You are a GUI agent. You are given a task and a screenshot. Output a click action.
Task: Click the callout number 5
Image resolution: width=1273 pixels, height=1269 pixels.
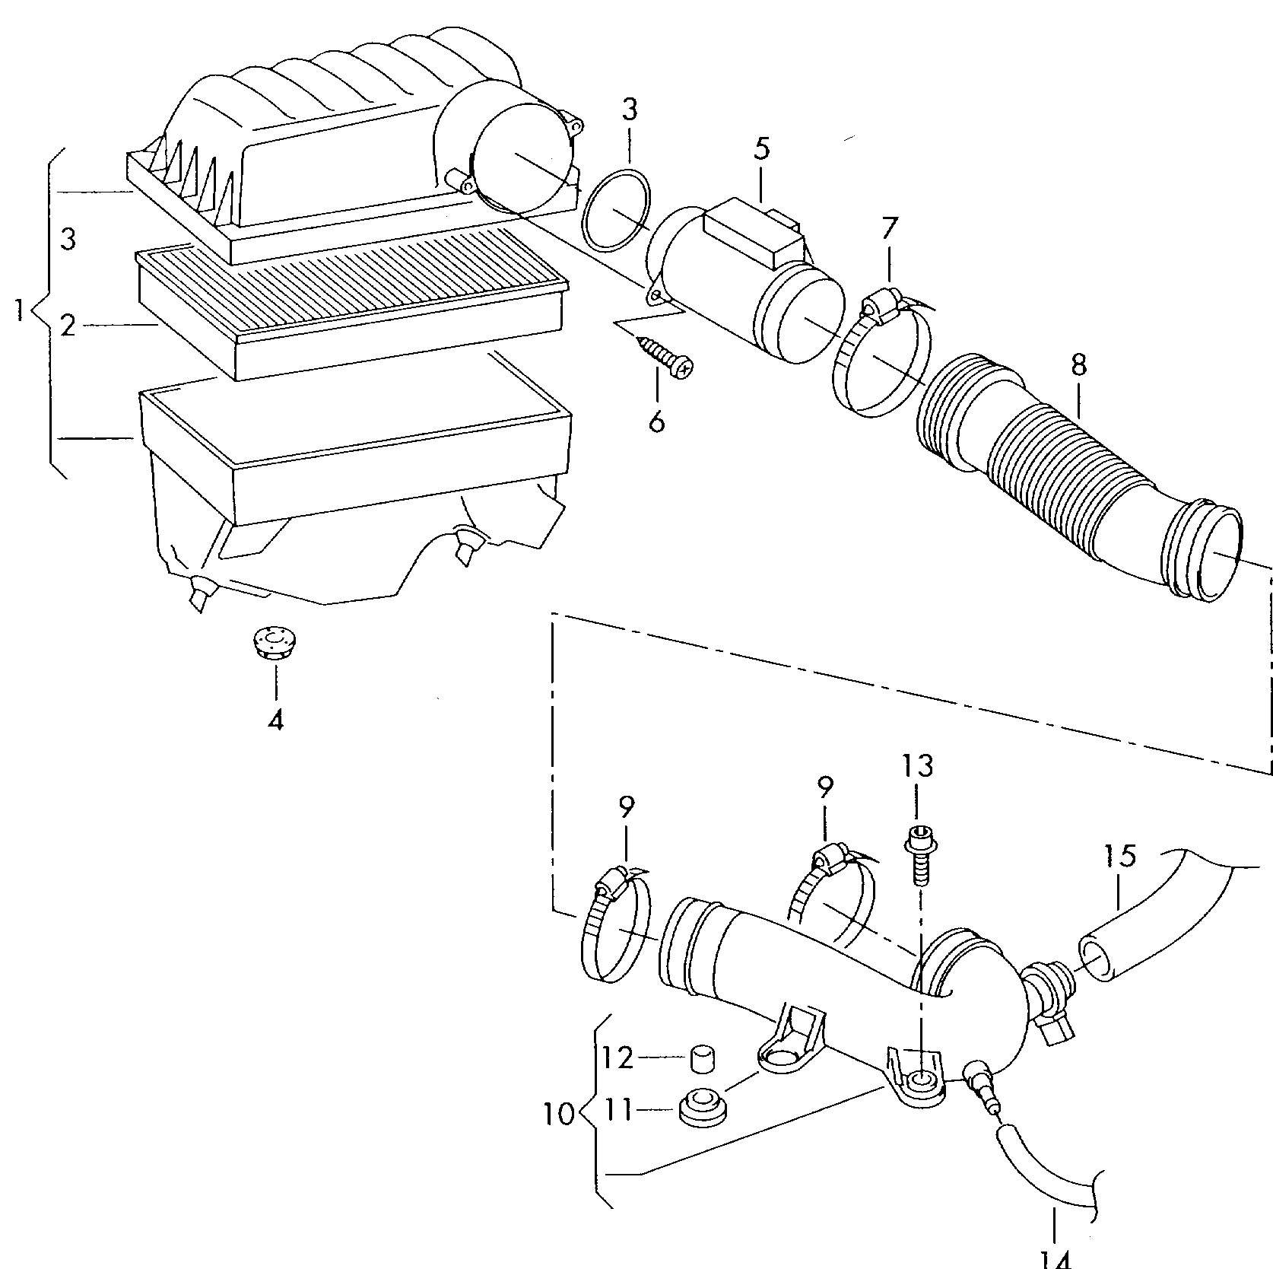coord(762,148)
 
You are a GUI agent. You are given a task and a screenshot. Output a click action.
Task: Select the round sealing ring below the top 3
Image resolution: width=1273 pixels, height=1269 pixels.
coord(616,211)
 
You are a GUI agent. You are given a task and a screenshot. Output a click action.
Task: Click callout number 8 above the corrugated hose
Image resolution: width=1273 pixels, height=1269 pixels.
coord(1078,366)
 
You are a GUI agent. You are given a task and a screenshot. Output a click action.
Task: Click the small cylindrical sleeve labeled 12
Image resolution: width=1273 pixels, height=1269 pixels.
coord(705,1058)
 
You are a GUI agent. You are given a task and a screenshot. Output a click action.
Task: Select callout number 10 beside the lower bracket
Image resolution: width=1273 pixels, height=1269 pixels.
coord(560,1115)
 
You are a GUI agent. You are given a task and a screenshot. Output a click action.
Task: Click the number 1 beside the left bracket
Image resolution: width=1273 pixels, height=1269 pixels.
coord(21,310)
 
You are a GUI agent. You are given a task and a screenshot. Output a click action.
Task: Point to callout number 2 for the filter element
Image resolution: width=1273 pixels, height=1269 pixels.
coord(68,326)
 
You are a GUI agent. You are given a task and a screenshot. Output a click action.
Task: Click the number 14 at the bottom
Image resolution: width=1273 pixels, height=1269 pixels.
coord(1056,1258)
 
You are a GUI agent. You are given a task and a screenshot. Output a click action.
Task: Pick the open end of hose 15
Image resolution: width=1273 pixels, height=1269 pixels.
coord(1096,961)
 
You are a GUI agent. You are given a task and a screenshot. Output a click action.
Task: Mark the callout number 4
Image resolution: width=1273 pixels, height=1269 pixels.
coord(275,719)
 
